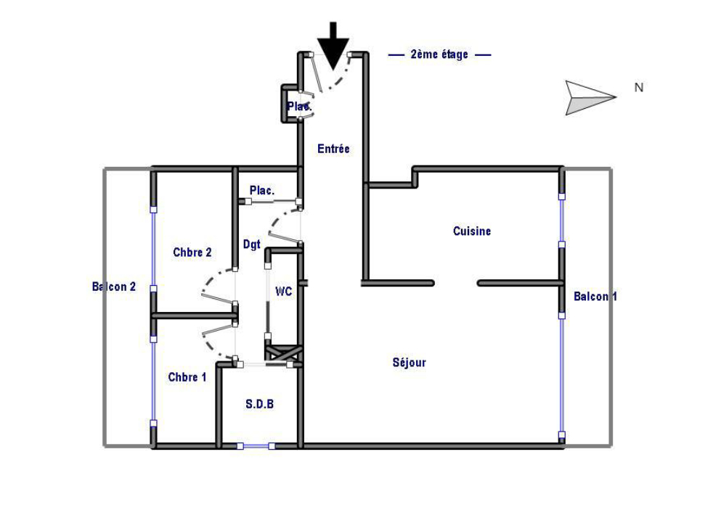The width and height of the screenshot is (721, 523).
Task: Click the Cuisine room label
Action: [472, 231]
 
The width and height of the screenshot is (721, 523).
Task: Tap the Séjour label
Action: [410, 362]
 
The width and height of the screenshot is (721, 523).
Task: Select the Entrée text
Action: [333, 149]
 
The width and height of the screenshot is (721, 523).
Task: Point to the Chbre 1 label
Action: [187, 377]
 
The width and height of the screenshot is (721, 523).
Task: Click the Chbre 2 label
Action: [192, 252]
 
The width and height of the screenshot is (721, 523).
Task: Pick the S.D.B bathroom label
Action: [260, 404]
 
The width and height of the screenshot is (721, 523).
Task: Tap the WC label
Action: [284, 292]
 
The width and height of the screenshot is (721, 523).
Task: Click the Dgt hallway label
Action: [251, 244]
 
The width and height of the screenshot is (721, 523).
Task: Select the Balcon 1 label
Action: [595, 297]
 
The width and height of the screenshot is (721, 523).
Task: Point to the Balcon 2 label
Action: [114, 287]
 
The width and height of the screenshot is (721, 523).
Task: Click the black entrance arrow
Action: [333, 46]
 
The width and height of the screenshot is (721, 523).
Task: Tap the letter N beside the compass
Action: [639, 87]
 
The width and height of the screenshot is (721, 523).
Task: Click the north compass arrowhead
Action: [590, 97]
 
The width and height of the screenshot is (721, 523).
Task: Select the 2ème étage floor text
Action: [439, 54]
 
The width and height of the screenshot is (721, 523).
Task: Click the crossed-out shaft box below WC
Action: [283, 353]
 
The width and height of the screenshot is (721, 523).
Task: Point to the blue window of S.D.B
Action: [256, 446]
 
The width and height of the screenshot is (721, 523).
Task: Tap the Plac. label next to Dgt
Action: [262, 190]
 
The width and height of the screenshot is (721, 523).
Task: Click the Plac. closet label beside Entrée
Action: [299, 106]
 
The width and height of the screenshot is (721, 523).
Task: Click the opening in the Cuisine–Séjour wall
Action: [456, 283]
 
